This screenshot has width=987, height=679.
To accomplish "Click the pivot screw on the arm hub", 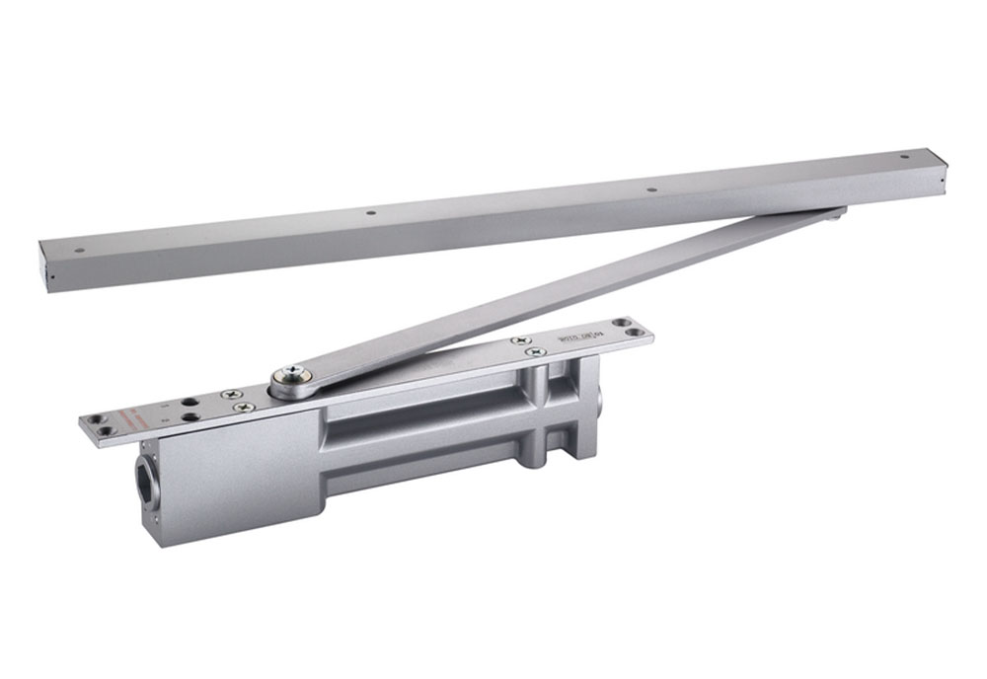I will pyautogui.click(x=292, y=374).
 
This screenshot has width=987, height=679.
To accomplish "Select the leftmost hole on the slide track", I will pyautogui.click(x=79, y=250).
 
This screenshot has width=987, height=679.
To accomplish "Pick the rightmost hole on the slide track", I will pyautogui.click(x=904, y=155).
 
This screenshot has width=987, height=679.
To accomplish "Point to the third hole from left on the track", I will pyautogui.click(x=650, y=188).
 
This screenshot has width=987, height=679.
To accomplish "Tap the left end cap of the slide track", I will pyautogui.click(x=43, y=267).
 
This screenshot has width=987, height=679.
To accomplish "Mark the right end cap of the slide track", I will pyautogui.click(x=940, y=173).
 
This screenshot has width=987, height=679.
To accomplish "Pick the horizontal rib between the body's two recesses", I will pyautogui.click(x=424, y=435).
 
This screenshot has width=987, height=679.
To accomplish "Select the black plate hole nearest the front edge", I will pyautogui.click(x=187, y=416).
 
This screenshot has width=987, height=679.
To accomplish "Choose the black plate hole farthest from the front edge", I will pyautogui.click(x=183, y=403).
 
